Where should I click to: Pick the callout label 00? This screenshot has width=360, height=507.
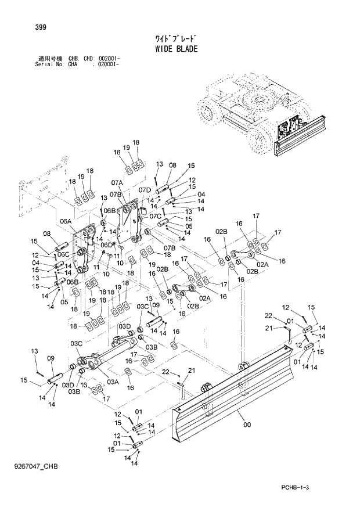pyautogui.click(x=248, y=425)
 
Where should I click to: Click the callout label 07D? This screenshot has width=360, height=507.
pyautogui.click(x=145, y=190)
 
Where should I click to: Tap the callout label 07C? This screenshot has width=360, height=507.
pyautogui.click(x=154, y=216)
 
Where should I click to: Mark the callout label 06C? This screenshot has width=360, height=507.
pyautogui.click(x=63, y=254)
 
